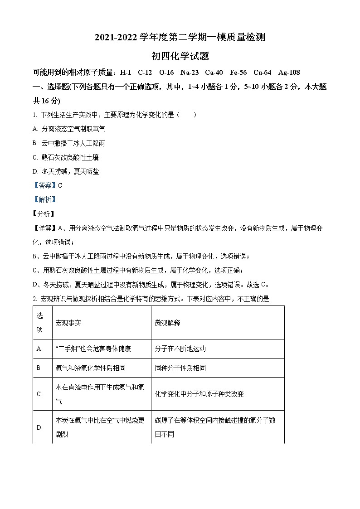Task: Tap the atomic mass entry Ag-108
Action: pos(289,73)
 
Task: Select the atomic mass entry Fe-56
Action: pos(238,73)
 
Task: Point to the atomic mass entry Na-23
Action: pos(189,73)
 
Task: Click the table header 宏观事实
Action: pos(68,323)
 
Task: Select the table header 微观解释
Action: pos(167,323)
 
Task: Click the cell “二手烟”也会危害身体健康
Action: pos(93,349)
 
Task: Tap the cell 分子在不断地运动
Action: pos(180,349)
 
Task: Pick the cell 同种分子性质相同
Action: pos(180,368)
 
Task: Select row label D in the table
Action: pos(39,427)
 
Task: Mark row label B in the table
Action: pos(39,368)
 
